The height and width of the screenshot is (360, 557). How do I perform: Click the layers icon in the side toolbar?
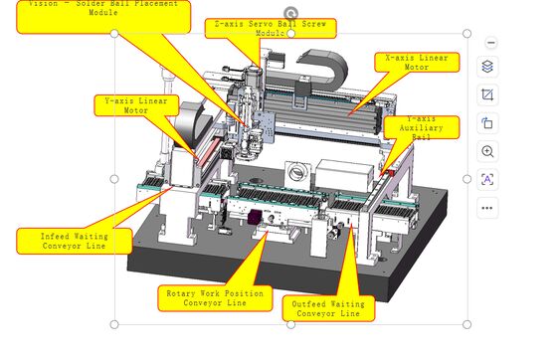point(487,68)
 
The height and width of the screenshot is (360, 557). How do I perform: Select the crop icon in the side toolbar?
point(487,95)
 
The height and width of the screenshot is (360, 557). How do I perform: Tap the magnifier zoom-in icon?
point(487,151)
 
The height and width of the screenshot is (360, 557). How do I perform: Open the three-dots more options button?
point(487,208)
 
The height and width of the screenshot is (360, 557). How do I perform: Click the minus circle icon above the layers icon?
point(487,42)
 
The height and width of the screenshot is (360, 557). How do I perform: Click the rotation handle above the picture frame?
point(290,13)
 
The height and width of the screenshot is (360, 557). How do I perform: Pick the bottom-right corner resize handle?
point(468,323)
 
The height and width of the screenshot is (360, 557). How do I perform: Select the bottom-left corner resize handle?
point(113,323)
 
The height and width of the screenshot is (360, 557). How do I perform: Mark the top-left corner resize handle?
point(113,34)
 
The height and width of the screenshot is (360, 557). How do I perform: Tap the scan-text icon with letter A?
point(487,179)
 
